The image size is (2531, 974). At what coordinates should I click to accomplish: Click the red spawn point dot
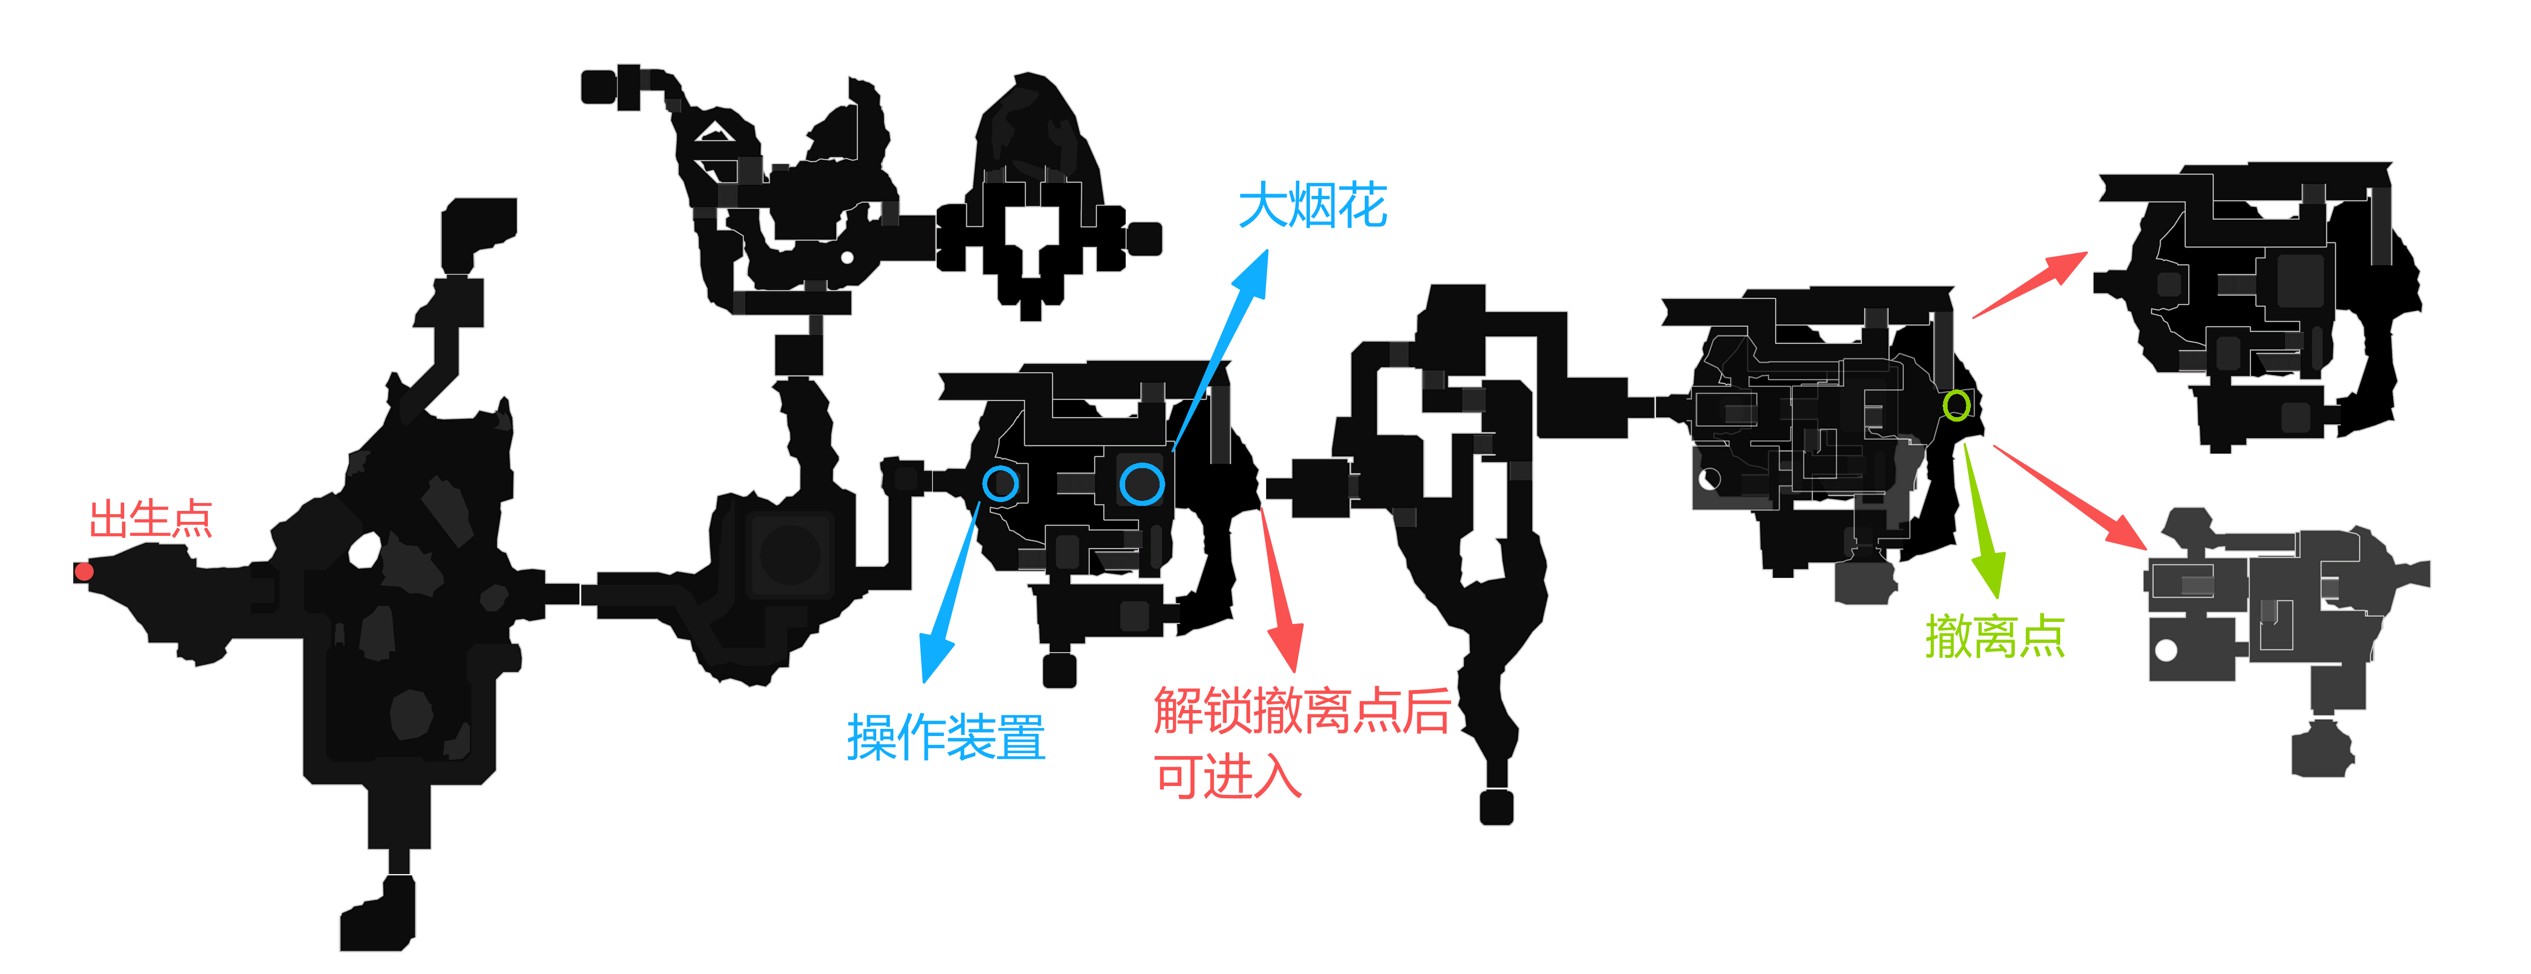pos(84,571)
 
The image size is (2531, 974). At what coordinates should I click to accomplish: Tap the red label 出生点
pos(150,519)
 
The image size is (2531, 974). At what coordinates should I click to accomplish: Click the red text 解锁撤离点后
pos(1302,711)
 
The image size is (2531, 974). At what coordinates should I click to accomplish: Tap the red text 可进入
pos(1228,777)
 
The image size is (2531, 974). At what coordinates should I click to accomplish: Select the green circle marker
pos(1956,405)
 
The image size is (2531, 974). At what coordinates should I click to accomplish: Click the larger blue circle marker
pos(1142,484)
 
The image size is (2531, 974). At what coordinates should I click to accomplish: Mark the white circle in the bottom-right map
pos(2166,650)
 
